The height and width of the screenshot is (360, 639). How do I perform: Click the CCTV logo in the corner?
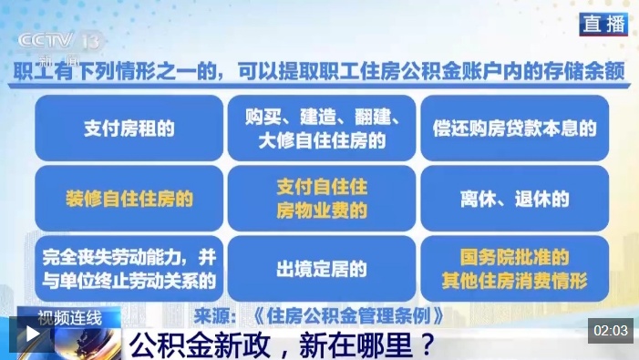46,41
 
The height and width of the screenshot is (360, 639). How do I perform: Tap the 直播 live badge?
603,24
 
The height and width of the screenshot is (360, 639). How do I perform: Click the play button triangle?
32,334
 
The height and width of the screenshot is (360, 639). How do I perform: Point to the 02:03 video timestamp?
611,330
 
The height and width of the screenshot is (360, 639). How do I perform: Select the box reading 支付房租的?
129,129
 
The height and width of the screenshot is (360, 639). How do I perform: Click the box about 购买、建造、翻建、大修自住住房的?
322,129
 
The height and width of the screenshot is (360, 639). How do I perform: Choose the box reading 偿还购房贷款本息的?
515,129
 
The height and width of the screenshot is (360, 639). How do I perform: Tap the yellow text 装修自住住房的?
129,200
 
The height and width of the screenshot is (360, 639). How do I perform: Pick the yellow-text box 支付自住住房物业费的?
322,199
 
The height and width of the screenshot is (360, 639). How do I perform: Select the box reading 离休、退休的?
515,199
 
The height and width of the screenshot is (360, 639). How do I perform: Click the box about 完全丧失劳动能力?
129,269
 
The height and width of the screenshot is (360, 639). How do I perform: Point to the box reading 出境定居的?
322,269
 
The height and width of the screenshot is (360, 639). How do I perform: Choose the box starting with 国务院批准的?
515,269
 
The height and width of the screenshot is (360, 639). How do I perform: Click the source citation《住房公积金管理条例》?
348,316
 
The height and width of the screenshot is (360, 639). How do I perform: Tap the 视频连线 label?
69,318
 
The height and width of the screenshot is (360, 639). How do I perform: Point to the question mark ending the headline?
427,345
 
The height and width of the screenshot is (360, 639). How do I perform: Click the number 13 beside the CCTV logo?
90,41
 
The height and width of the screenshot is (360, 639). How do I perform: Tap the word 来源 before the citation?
211,316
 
